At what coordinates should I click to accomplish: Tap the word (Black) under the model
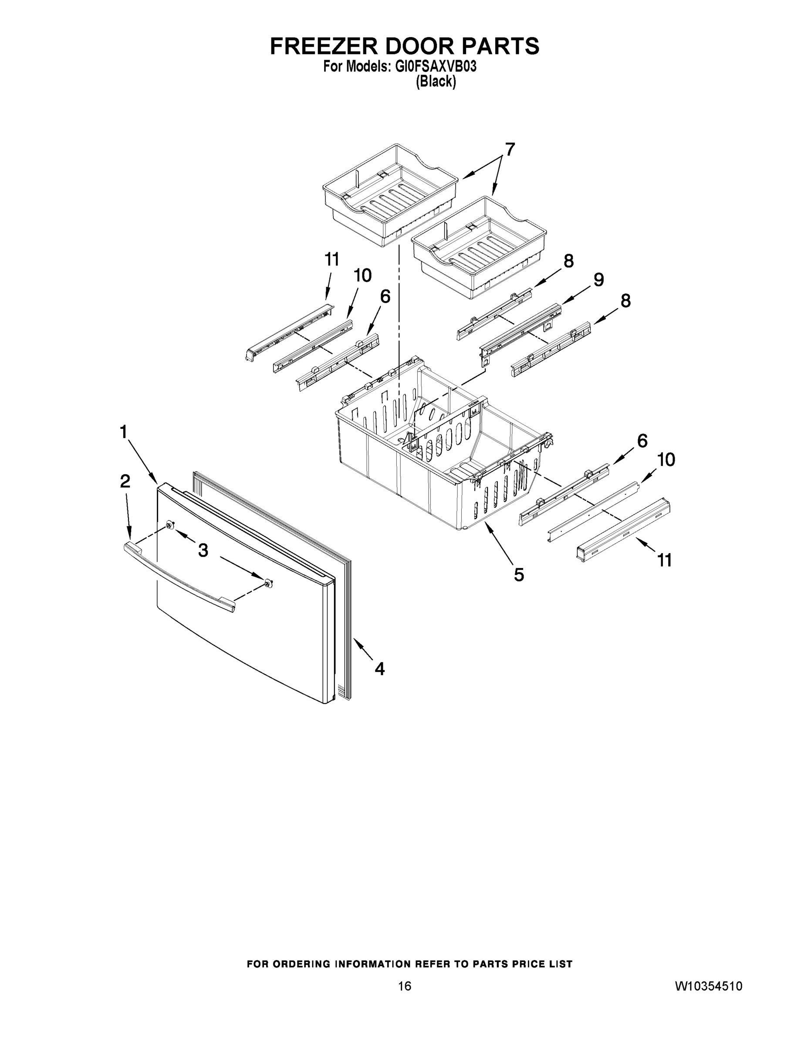436,82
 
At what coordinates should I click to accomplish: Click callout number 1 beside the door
124,432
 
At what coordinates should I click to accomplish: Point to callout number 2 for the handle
125,481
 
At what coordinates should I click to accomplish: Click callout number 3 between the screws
203,551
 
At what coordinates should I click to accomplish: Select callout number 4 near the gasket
379,669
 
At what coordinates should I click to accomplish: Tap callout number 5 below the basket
519,575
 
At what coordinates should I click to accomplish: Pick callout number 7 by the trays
510,150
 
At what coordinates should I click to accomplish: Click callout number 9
599,280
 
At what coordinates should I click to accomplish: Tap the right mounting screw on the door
269,583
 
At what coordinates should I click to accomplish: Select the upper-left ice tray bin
389,194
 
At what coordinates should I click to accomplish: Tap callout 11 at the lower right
664,560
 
